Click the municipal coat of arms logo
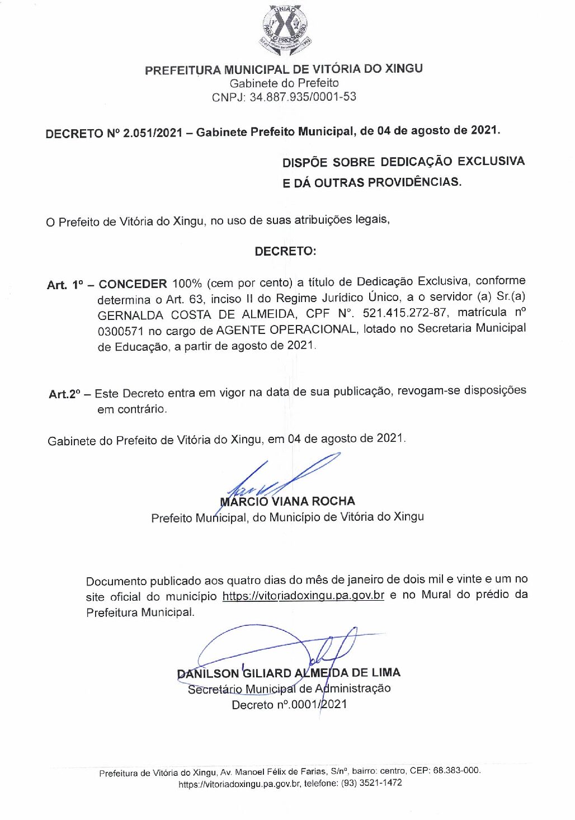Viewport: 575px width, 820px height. point(285,31)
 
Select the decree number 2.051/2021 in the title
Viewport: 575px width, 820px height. point(153,133)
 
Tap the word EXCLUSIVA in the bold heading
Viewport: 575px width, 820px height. point(491,162)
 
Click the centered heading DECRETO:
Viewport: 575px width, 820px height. point(285,251)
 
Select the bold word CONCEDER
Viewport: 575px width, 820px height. point(133,284)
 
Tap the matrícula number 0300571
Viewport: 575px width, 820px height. point(120,331)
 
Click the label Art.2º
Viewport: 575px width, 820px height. point(64,394)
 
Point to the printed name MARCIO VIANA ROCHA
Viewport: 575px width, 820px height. point(287,501)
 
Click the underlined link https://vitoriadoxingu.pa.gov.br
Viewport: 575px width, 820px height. point(303,595)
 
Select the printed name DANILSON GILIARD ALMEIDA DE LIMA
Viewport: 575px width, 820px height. point(289,673)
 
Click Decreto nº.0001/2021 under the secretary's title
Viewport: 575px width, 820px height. point(289,704)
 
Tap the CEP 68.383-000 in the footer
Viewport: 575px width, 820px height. point(456,770)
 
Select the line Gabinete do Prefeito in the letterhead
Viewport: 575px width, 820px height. point(284,83)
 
